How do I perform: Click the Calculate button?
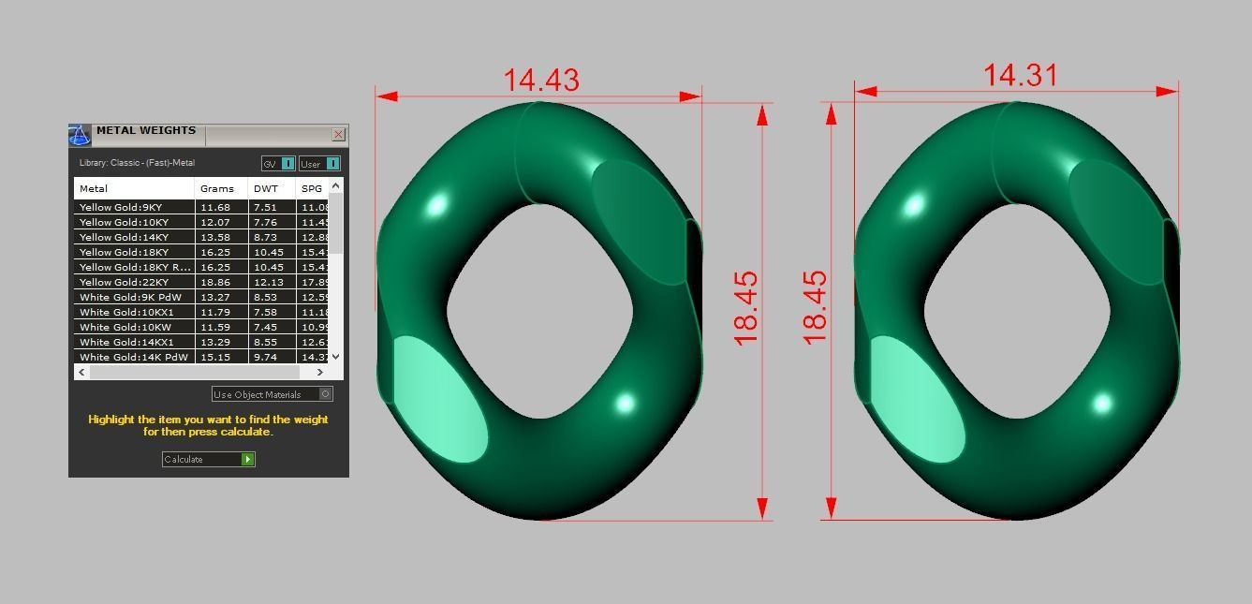click(x=208, y=459)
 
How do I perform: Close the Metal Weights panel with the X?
click(x=338, y=135)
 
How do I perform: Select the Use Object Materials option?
click(x=272, y=394)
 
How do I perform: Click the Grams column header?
click(x=217, y=188)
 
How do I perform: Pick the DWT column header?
click(x=266, y=188)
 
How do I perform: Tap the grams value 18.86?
click(x=215, y=282)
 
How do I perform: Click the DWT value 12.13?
click(x=266, y=282)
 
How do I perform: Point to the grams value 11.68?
click(x=215, y=207)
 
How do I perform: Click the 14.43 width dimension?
click(x=541, y=80)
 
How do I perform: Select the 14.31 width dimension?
click(x=1020, y=75)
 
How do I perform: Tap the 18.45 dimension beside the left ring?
click(x=746, y=308)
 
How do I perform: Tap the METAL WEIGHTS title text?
click(x=146, y=131)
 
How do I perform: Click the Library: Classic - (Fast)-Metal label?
click(x=137, y=163)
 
